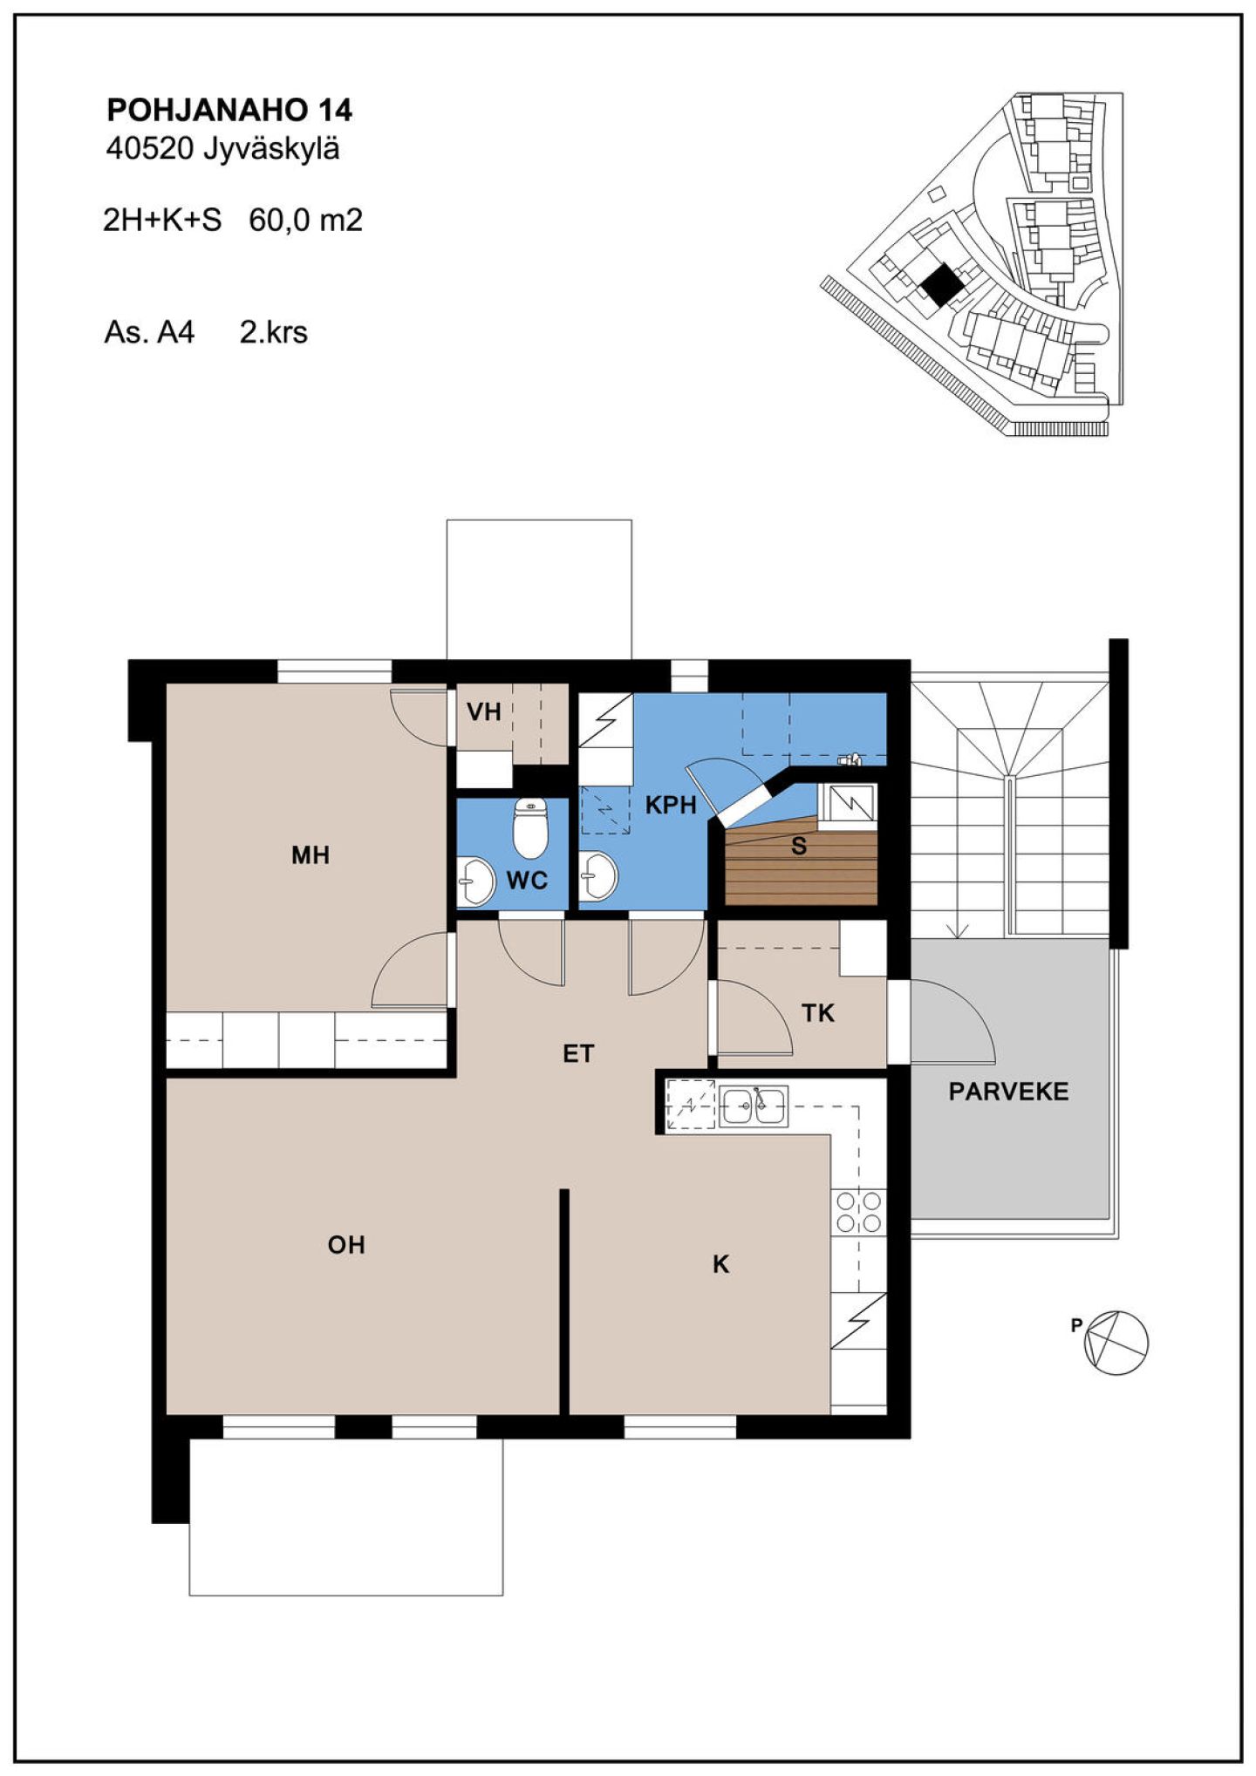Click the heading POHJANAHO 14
[x=229, y=111]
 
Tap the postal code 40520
[x=149, y=149]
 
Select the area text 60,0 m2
[x=305, y=220]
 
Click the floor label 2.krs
[x=274, y=332]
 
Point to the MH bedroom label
[x=311, y=855]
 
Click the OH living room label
[x=346, y=1245]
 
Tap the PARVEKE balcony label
[x=1008, y=1092]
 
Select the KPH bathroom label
[x=671, y=805]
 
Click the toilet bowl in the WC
[x=529, y=828]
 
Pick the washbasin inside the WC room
[x=475, y=881]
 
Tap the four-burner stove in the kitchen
[x=859, y=1212]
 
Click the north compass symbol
[x=1115, y=1344]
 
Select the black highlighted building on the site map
[x=942, y=285]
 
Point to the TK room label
[x=818, y=1013]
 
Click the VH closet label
[x=484, y=712]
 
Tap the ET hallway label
[x=578, y=1054]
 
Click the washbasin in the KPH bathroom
[x=599, y=874]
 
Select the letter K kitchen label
[x=720, y=1264]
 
